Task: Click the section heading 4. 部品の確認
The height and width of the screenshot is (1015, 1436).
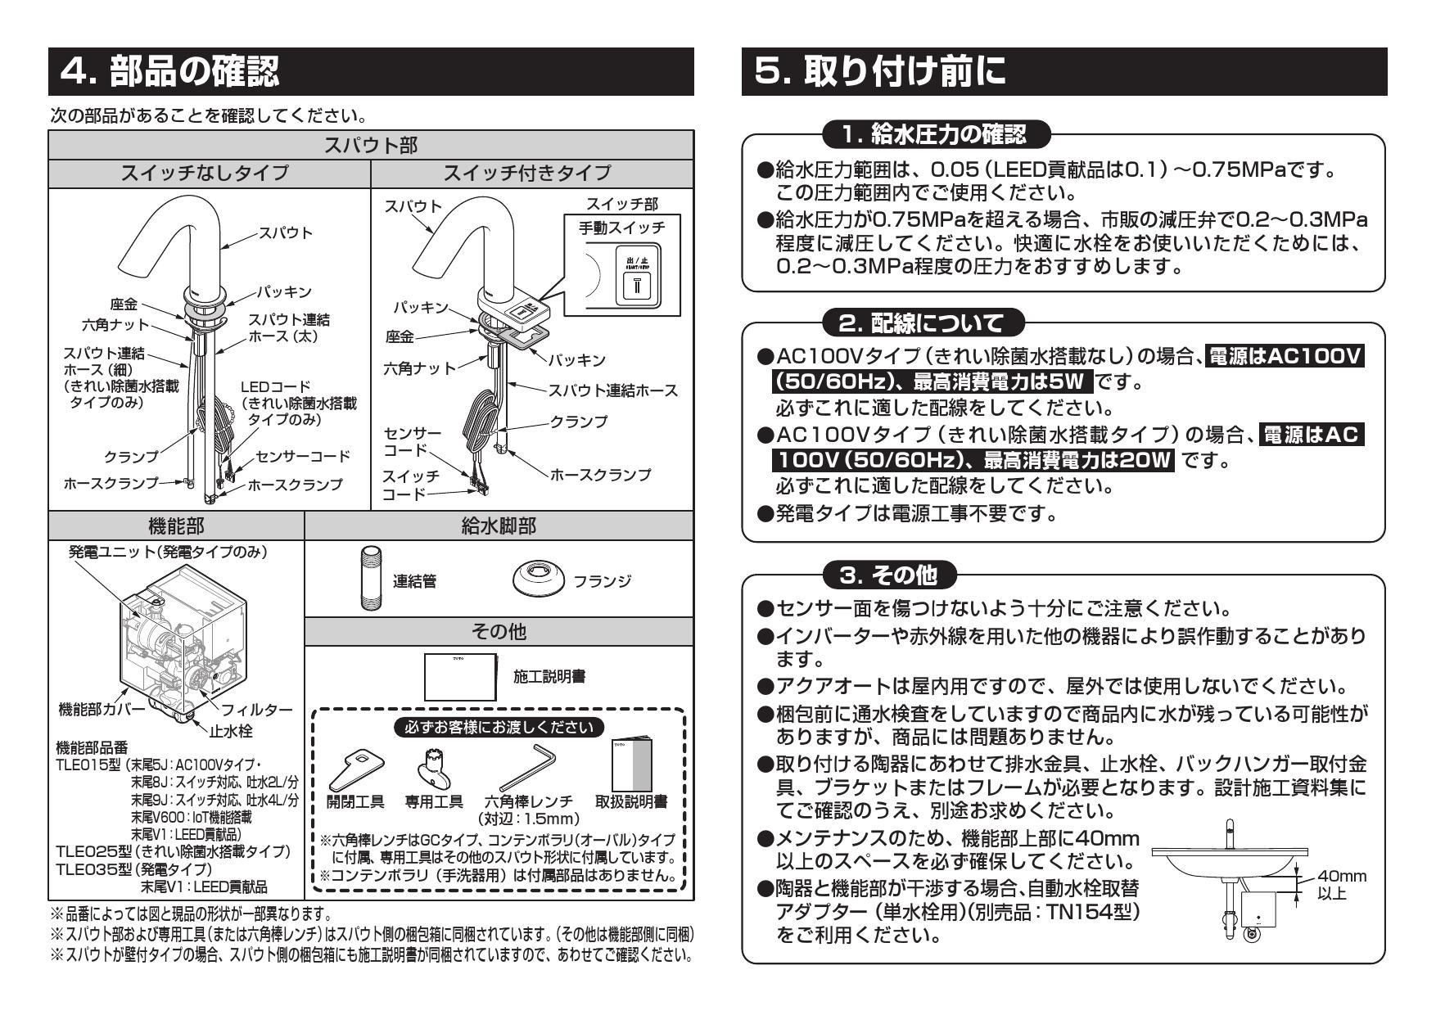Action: (x=170, y=72)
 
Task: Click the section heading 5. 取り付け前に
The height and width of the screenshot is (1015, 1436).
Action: (x=881, y=72)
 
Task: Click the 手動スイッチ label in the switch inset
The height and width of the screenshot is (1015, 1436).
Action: (x=621, y=227)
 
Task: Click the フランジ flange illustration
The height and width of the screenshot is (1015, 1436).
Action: (x=539, y=580)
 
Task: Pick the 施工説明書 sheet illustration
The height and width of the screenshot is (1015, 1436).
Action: (x=461, y=675)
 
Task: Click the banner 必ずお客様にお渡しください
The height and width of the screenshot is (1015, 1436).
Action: (x=499, y=726)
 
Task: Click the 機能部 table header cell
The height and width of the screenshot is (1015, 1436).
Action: (x=175, y=526)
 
